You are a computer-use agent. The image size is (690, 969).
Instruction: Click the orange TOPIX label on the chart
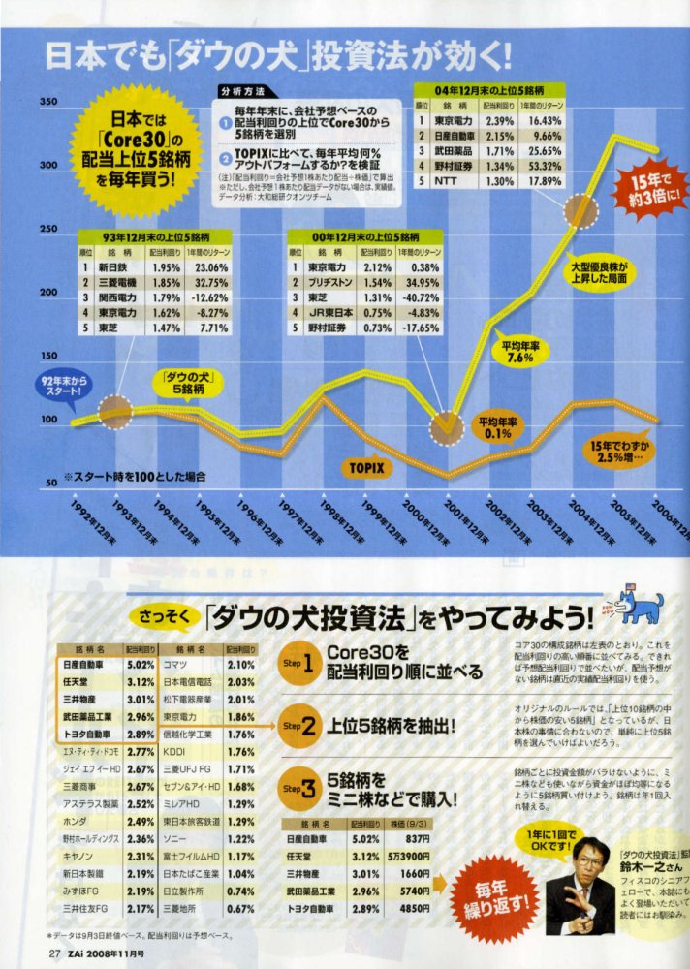tap(366, 467)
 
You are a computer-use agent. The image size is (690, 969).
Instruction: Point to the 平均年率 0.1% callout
tap(498, 427)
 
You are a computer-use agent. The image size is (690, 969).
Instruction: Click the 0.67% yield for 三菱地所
tap(240, 908)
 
